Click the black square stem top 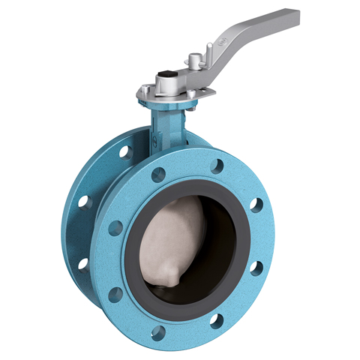(x=166, y=78)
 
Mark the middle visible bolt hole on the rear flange (x=84, y=202)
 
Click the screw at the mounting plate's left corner (x=140, y=91)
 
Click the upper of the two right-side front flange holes (x=256, y=204)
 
